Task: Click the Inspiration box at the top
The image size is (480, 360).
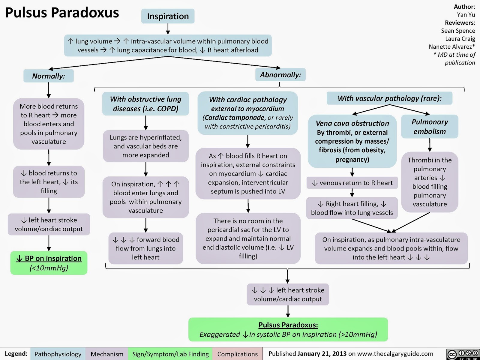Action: click(168, 16)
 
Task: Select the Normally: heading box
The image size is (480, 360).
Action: click(49, 76)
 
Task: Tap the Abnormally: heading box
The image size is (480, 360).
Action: click(280, 75)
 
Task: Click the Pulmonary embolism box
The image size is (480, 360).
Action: click(430, 127)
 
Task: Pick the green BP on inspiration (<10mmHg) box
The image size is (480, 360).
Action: click(49, 263)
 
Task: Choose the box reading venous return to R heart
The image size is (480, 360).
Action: click(352, 183)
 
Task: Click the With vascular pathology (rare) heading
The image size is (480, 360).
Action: click(389, 98)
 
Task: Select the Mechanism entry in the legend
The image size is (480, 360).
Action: click(107, 354)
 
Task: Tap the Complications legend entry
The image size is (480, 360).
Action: click(238, 354)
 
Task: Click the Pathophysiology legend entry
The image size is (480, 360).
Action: click(58, 354)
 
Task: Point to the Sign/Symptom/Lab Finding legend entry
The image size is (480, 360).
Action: click(170, 354)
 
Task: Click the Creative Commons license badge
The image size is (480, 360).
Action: click(463, 354)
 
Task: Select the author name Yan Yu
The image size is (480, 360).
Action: click(466, 15)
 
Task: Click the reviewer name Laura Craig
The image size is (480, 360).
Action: click(460, 39)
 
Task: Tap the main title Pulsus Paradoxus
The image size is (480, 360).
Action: click(62, 13)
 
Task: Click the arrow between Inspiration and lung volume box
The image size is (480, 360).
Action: click(168, 29)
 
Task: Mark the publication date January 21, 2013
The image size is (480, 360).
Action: click(322, 354)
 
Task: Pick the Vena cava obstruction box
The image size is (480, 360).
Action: click(352, 141)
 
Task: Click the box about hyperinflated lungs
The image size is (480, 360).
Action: click(145, 146)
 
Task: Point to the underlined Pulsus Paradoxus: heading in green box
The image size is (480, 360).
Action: click(288, 325)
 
